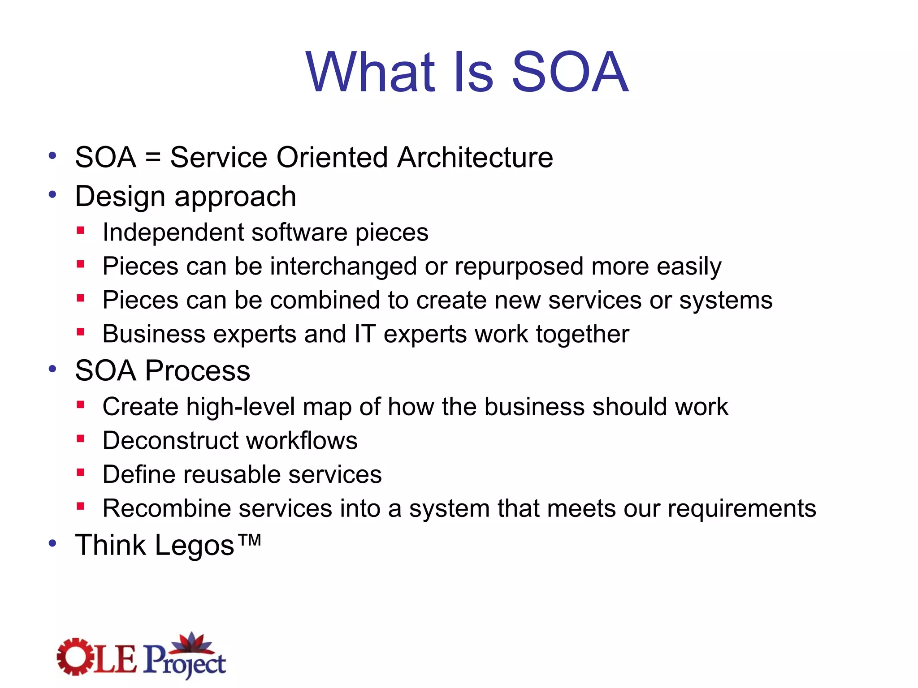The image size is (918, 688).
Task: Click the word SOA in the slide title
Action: point(570,72)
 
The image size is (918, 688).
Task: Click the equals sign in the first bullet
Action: point(153,158)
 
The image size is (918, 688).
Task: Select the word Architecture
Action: point(475,158)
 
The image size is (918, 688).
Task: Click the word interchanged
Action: point(343,267)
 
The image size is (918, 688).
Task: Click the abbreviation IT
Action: point(364,334)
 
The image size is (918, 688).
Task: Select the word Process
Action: point(197,371)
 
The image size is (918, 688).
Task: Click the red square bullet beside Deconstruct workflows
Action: point(81,439)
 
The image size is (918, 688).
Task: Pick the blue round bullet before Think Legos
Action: point(53,543)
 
